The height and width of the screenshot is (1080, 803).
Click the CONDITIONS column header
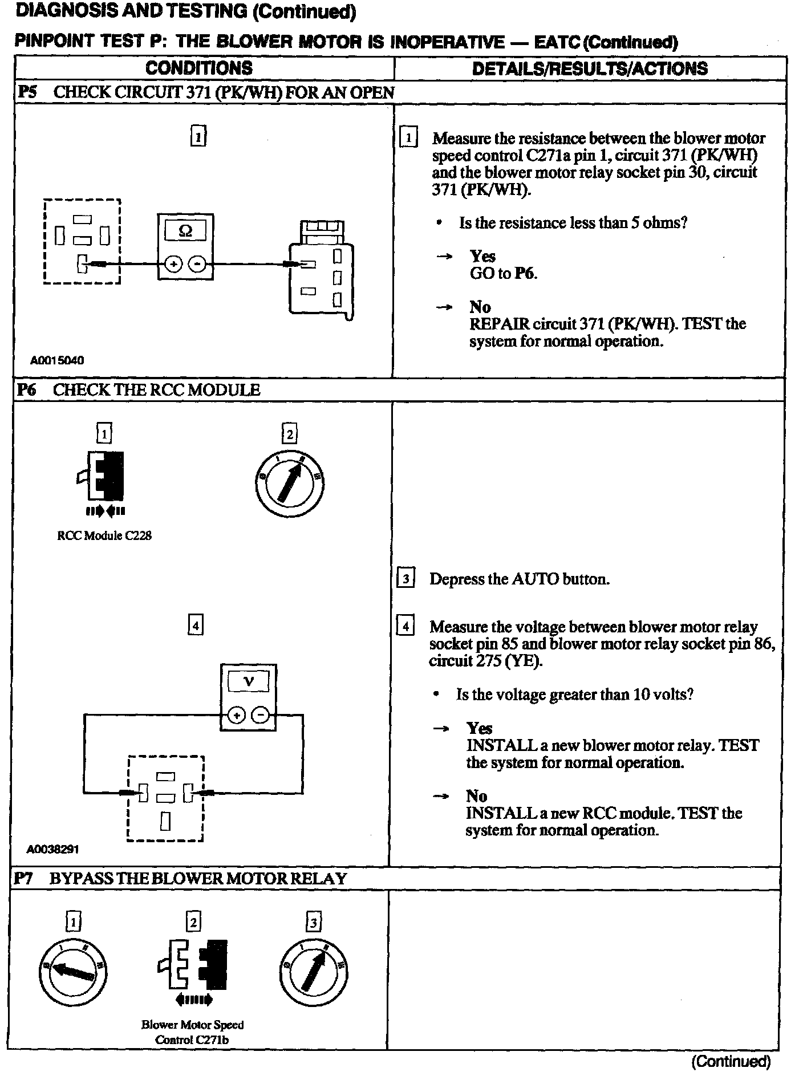pos(199,68)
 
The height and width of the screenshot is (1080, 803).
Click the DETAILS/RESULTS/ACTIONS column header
pos(590,68)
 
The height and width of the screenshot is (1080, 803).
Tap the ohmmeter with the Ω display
pos(185,246)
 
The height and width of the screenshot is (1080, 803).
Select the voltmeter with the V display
pos(248,697)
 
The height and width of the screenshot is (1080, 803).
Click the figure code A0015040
pos(57,360)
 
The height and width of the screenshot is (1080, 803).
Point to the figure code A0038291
pos(52,849)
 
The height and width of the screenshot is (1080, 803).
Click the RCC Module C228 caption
pos(104,536)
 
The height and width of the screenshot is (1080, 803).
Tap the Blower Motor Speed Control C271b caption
pos(192,1032)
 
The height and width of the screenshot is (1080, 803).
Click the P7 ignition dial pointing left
pos(74,971)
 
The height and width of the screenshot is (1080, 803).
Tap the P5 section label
pos(27,92)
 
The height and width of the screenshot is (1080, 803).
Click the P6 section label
pos(27,390)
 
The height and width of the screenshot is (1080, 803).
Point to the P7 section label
pos(24,879)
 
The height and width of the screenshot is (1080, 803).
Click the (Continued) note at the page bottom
pos(731,1061)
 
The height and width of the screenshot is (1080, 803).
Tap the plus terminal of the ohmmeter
pos(173,264)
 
